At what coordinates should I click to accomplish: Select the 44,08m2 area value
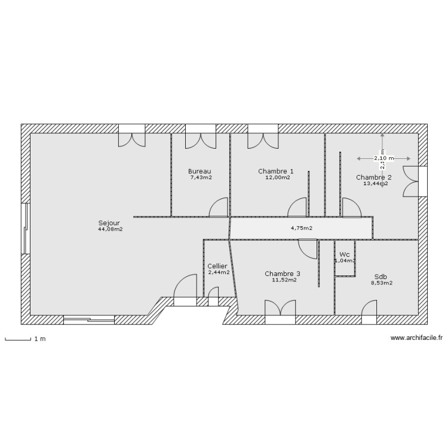pos(110,229)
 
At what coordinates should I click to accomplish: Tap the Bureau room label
pos(200,171)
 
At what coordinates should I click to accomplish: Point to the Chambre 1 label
pos(276,171)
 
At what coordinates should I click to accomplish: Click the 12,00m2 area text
pos(278,177)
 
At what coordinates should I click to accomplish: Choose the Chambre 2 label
pos(374,177)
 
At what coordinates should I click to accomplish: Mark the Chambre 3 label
pos(283,274)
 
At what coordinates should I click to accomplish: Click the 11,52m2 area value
pos(284,280)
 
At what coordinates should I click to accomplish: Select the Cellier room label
pos(217,266)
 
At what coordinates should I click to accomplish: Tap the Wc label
pos(345,254)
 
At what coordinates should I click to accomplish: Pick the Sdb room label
pos(380,277)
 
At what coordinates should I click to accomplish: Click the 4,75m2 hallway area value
pos(302,228)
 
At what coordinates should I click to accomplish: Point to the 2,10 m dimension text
pos(383,158)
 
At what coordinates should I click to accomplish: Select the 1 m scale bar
pos(18,340)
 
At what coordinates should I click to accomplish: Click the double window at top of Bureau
pos(200,136)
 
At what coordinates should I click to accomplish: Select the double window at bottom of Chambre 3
pos(280,312)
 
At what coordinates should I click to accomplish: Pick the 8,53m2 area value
pos(382,283)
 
